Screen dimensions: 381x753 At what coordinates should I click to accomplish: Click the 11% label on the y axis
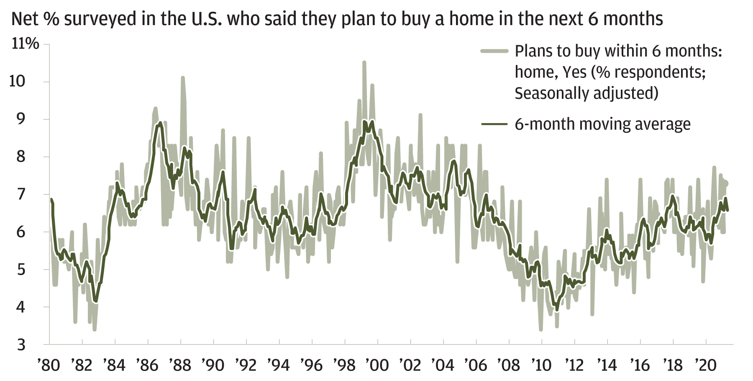coord(25,44)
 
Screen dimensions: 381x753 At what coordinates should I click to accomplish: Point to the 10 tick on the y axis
coord(17,81)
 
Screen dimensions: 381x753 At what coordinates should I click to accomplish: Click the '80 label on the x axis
coord(49,365)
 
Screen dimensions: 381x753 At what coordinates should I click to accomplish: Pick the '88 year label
coord(180,365)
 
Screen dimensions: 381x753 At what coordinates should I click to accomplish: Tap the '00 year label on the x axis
coord(377,365)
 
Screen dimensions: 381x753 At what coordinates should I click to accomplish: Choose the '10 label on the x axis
coord(541,365)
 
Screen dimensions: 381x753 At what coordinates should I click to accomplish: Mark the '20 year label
coord(706,365)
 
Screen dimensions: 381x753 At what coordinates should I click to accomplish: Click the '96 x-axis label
coord(312,365)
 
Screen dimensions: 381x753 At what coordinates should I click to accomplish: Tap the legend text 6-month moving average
coord(602,124)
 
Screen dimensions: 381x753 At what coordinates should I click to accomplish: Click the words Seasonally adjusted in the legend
coord(586,93)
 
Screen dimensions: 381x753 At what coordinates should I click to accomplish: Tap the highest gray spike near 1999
coord(364,63)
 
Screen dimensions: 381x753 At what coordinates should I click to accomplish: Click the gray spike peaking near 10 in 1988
coord(183,78)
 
